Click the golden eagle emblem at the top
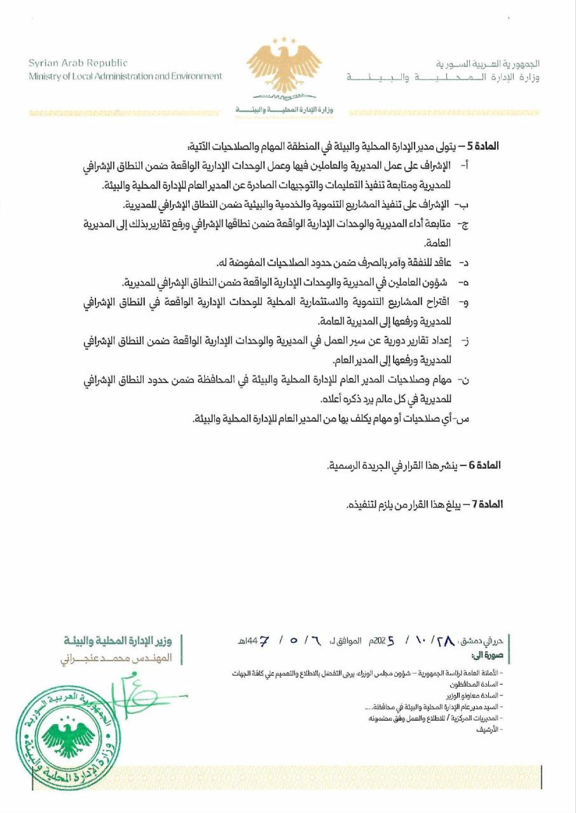284,66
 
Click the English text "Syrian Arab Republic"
78,63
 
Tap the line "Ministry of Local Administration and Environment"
125,76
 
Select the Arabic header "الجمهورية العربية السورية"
488,64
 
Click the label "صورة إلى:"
488,655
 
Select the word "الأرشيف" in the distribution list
491,729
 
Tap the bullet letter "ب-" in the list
463,205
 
